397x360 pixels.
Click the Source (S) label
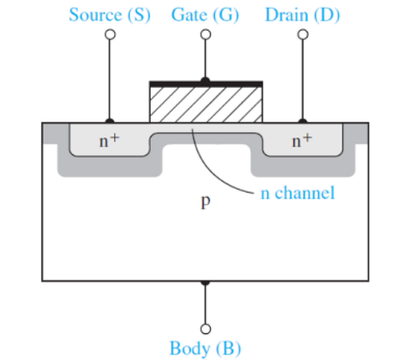(110, 15)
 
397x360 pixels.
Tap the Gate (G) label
(205, 15)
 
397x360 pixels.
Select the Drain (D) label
(303, 15)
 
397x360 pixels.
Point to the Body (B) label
(205, 348)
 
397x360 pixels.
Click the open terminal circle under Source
(110, 34)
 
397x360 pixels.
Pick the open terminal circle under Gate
(206, 34)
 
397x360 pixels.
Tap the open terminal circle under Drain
(303, 34)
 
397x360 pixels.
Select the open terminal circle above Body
(206, 329)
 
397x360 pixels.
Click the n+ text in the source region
(109, 141)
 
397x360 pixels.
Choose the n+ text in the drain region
(302, 141)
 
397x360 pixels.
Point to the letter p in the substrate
(206, 202)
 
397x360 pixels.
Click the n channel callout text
(298, 193)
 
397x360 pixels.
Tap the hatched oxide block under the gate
(206, 105)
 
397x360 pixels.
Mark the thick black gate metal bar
(206, 84)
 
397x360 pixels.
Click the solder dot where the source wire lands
(110, 122)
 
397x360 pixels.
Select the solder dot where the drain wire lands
(303, 122)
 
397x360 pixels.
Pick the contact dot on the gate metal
(205, 80)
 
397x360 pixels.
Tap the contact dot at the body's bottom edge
(206, 283)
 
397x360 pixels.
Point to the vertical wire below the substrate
(206, 304)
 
